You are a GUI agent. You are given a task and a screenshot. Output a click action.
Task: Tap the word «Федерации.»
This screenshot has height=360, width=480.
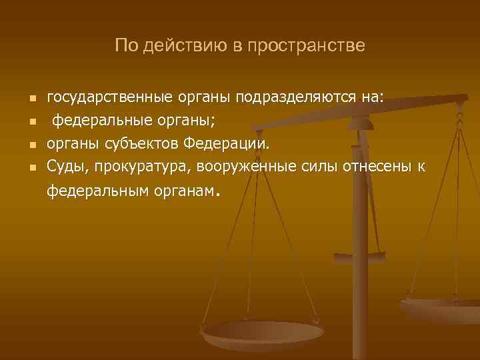point(227,143)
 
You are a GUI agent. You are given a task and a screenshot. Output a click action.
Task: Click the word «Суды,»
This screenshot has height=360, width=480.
point(66,166)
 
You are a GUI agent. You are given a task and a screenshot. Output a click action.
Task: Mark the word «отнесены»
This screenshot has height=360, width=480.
point(378,166)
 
